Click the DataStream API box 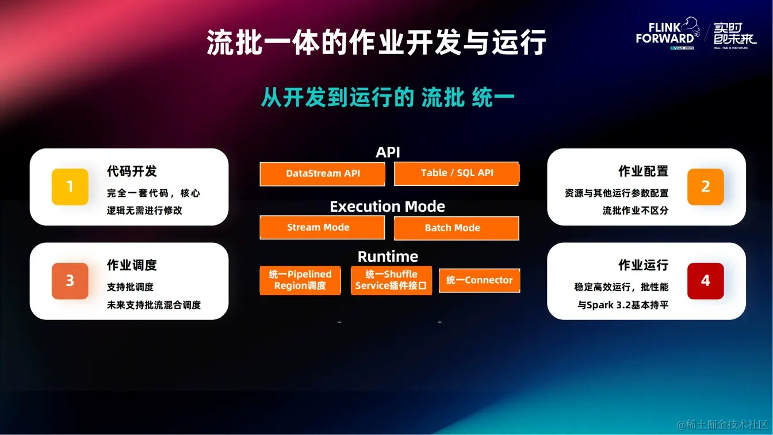click(322, 174)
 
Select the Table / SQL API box click(457, 173)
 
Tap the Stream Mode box click(322, 227)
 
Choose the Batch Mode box click(456, 228)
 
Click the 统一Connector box click(479, 280)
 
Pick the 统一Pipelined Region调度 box click(300, 280)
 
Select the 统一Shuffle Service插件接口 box click(391, 280)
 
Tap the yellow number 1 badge click(70, 187)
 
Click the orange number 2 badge click(705, 187)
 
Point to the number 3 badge click(70, 281)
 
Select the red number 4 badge click(705, 281)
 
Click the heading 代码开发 click(132, 171)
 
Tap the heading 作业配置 click(643, 171)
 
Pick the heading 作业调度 click(132, 265)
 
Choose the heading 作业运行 click(643, 265)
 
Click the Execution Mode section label click(387, 207)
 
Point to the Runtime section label click(388, 257)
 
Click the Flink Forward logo click(668, 33)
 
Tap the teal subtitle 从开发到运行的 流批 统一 click(388, 97)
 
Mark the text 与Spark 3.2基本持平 click(623, 305)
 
